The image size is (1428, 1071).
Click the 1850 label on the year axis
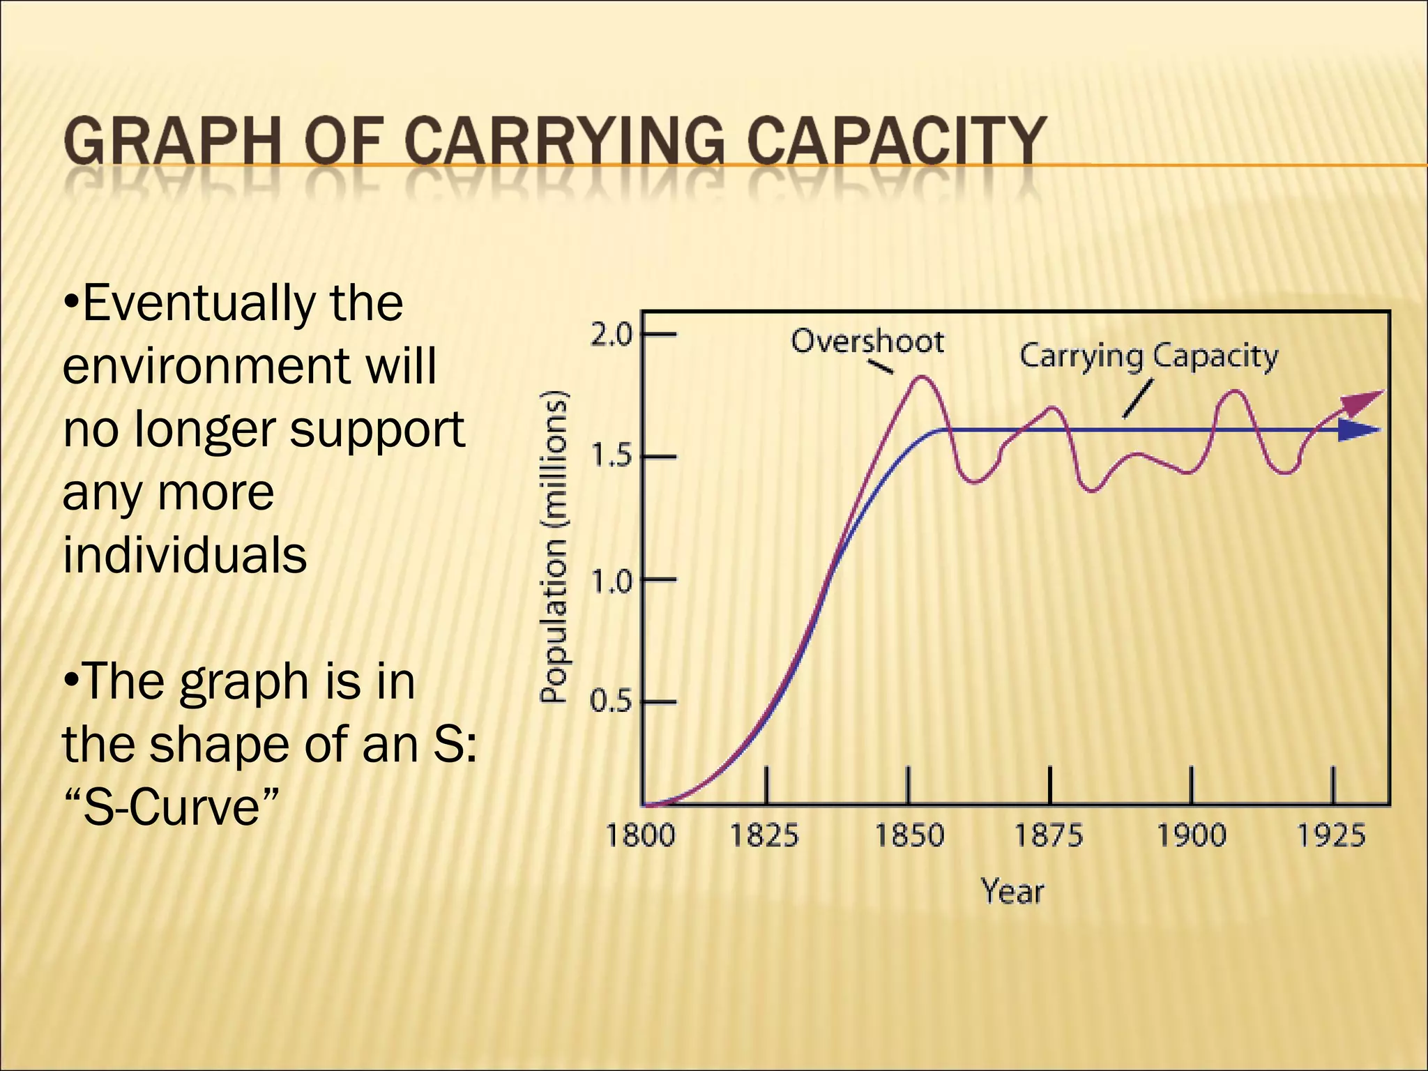[909, 835]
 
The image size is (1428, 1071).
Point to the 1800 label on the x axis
[640, 835]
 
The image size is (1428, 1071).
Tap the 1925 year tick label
[1331, 835]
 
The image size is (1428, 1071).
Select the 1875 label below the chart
[1049, 835]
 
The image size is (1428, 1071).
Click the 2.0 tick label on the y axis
[611, 335]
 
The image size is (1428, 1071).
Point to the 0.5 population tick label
[611, 701]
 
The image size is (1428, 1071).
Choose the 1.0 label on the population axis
[611, 579]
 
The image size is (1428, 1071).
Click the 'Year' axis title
[1012, 892]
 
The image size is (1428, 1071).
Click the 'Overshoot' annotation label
[867, 342]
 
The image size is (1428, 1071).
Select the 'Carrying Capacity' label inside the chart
[1148, 356]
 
